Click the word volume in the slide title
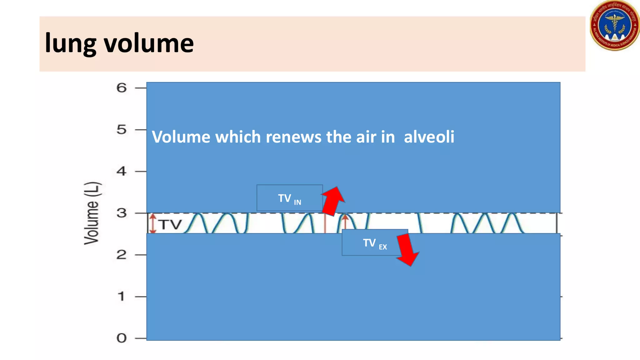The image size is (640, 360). [149, 43]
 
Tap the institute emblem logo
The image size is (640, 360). [614, 26]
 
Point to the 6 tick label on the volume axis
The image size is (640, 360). [122, 88]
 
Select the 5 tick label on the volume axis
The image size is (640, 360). [122, 129]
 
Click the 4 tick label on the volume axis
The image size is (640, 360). [122, 171]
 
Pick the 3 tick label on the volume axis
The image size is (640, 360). [122, 213]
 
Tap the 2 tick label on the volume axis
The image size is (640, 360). [122, 255]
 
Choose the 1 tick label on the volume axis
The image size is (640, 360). [122, 296]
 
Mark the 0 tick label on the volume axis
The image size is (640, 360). [122, 338]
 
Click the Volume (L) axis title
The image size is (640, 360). [92, 213]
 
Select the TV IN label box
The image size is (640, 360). [289, 198]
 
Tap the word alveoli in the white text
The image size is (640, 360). [429, 137]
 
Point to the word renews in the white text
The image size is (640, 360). [293, 137]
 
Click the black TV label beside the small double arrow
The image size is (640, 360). [170, 224]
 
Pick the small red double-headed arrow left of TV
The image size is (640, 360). [153, 223]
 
